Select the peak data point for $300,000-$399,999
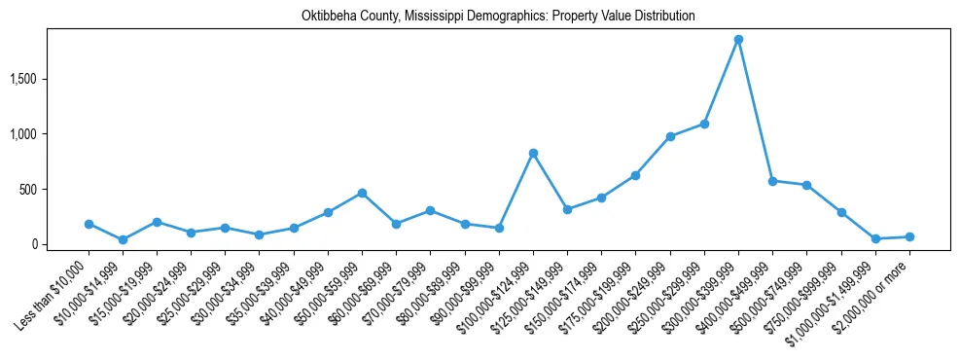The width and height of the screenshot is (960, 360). point(738,40)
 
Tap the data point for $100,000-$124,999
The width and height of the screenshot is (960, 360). point(533,153)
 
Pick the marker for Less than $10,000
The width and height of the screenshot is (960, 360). point(89,224)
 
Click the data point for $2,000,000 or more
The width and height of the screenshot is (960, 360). point(909,236)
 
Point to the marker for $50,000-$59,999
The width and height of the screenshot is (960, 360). point(362,193)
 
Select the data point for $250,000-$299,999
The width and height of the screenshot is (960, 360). point(704,124)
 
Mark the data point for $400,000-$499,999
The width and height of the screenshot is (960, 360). point(772,181)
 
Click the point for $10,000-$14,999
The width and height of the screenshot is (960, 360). point(123,239)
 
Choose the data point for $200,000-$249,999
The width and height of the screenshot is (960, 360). point(670,136)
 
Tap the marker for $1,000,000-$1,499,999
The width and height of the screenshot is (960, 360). point(875,238)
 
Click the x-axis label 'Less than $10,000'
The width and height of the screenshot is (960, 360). point(53,292)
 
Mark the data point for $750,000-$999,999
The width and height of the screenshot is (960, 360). point(841,212)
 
